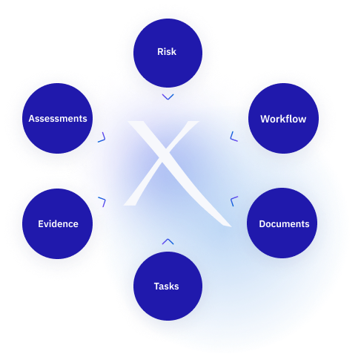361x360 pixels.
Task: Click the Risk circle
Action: [x=168, y=53]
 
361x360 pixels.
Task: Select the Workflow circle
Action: [x=283, y=118]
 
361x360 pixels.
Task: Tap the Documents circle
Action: [x=282, y=223]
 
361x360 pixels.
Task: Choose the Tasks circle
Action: [x=168, y=286]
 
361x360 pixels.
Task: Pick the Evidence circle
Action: [x=58, y=223]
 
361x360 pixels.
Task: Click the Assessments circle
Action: [x=58, y=118]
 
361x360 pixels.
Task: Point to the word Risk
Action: [x=167, y=52]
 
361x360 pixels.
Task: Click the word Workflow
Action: [x=283, y=119]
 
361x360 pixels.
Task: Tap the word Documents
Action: [x=284, y=224]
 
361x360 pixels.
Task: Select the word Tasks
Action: [x=166, y=287]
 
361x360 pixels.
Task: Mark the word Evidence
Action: [x=58, y=224]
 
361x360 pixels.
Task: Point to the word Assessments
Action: [x=58, y=119]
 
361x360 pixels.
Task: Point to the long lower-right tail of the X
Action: [x=202, y=198]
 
